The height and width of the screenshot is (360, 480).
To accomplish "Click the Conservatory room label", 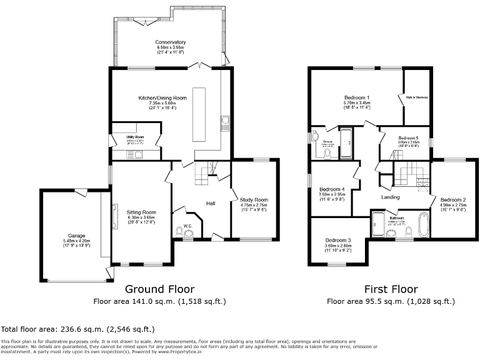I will coord(171,42).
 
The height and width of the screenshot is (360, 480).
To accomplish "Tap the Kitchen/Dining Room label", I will coord(163,98).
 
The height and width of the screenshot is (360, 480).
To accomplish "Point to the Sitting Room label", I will coord(141,212).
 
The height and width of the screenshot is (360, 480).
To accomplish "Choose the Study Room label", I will coord(254,200).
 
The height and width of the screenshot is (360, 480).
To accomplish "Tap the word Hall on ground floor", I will coord(211,202).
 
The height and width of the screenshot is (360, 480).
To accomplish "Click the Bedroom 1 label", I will coord(357,98).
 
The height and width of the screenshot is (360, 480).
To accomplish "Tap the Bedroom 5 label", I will coord(408,137).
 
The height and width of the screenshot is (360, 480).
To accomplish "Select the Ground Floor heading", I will coord(159,289).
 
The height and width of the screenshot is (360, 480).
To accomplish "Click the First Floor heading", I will coord(391,289).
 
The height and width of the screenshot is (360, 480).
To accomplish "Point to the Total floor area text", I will coord(77,329).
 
